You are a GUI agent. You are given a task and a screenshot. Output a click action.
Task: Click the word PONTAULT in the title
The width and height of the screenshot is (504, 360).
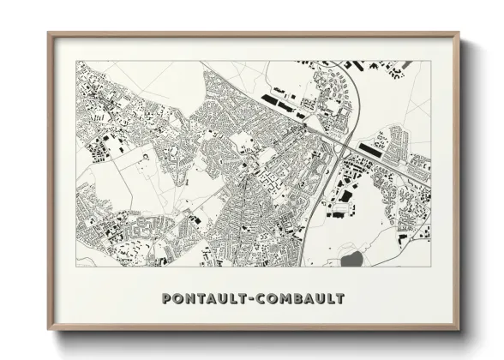tap(203, 299)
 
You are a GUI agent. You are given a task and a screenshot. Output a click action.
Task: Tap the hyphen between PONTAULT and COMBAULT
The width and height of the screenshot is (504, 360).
tap(250, 299)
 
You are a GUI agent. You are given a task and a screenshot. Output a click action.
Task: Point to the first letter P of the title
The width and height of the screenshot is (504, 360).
tap(166, 299)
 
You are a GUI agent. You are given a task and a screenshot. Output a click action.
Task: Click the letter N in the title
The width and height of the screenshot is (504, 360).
tap(190, 299)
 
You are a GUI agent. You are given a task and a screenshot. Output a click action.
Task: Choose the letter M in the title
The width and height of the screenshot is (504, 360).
tap(285, 299)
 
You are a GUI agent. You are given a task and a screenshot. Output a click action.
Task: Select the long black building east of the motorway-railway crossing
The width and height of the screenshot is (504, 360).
tap(373, 151)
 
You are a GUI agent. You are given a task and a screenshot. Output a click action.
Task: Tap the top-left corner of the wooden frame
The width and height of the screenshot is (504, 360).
tap(49, 33)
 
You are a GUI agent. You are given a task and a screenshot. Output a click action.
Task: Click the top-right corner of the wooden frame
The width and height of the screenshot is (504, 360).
tap(459, 33)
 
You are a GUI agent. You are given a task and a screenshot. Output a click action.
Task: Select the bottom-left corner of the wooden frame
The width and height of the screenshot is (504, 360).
tap(49, 329)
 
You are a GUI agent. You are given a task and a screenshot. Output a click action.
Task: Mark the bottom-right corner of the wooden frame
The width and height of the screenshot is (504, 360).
tap(459, 329)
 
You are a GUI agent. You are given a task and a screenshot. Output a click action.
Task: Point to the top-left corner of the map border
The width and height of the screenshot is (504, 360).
tap(76, 60)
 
